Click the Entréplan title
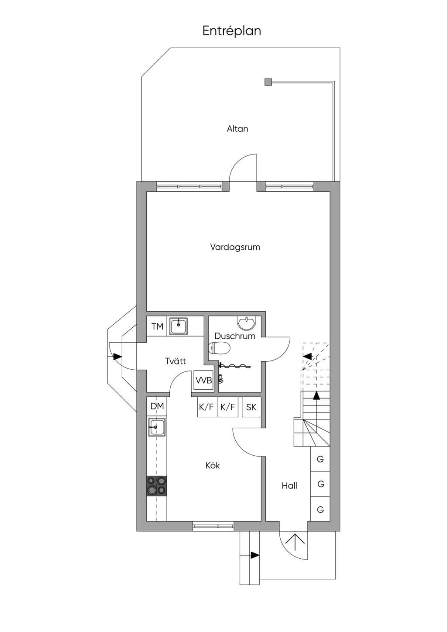tap(231, 31)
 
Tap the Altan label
tap(237, 129)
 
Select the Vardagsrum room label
tap(235, 247)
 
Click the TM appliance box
tap(157, 326)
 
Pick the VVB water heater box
tap(203, 380)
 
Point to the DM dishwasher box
tap(157, 406)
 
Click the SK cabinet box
tap(251, 407)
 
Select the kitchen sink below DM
tap(157, 427)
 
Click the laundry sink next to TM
tap(178, 326)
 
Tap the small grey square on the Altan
tap(268, 82)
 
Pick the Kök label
tap(213, 466)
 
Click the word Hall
tap(289, 486)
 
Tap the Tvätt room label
tap(175, 361)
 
